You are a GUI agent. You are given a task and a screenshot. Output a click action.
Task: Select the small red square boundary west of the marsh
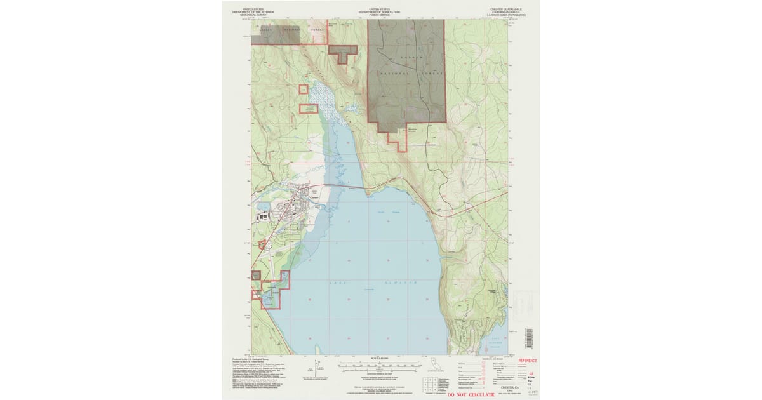tap(303, 91)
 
